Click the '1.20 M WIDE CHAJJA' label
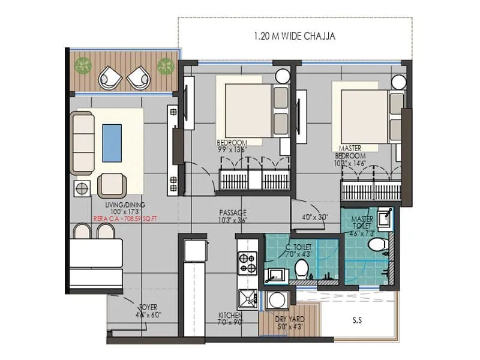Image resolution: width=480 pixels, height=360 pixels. tap(295, 36)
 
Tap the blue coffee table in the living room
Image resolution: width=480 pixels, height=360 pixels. tap(112, 142)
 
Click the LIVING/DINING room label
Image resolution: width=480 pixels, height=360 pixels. tap(123, 205)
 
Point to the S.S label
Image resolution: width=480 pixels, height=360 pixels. tap(357, 320)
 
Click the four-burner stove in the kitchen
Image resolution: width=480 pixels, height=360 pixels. tap(247, 263)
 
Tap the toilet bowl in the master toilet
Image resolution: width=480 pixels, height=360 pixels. tap(377, 245)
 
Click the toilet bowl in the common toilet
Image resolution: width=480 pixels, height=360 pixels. tap(302, 268)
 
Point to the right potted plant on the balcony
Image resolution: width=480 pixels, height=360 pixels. tap(164, 65)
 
